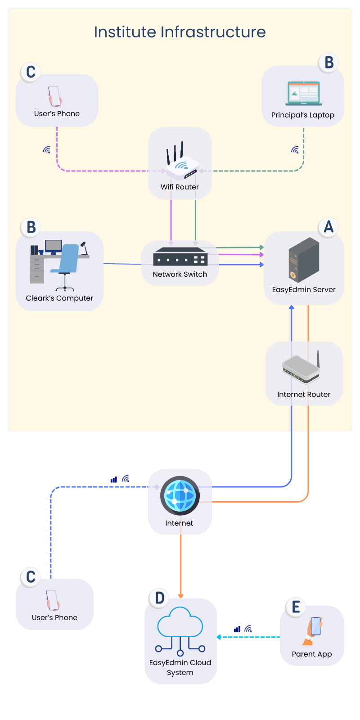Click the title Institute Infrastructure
pyautogui.click(x=180, y=32)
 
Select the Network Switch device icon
pyautogui.click(x=180, y=256)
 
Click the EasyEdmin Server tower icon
pyautogui.click(x=304, y=260)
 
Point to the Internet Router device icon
pyautogui.click(x=301, y=367)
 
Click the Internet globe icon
pyautogui.click(x=180, y=495)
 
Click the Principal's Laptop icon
pyautogui.click(x=303, y=93)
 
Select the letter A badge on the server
pyautogui.click(x=328, y=227)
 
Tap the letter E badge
pyautogui.click(x=296, y=607)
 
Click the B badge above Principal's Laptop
pyautogui.click(x=328, y=63)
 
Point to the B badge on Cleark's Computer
pyautogui.click(x=31, y=227)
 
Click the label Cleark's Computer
pyautogui.click(x=59, y=298)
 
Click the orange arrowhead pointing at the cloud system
pyautogui.click(x=180, y=596)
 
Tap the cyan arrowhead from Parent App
pyautogui.click(x=219, y=637)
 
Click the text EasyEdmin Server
pyautogui.click(x=304, y=290)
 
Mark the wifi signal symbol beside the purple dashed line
pyautogui.click(x=47, y=150)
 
